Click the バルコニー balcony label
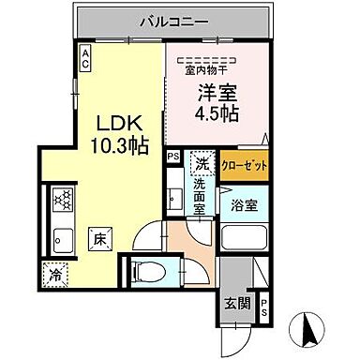tap(174, 20)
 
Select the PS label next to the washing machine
tap(172, 157)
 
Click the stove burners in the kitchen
tap(65, 200)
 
